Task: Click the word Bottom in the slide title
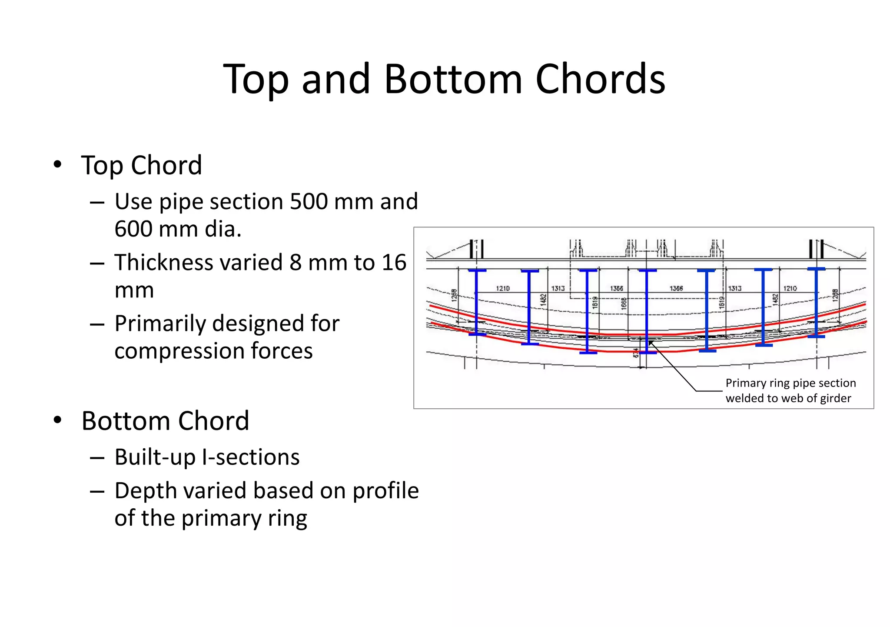pyautogui.click(x=453, y=79)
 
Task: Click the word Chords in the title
pyautogui.click(x=600, y=79)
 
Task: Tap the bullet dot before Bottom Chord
pyautogui.click(x=57, y=420)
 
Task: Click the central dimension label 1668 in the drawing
pyautogui.click(x=624, y=303)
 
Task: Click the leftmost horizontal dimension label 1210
pyautogui.click(x=503, y=288)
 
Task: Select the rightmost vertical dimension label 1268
pyautogui.click(x=835, y=295)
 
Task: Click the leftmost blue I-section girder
pyautogui.click(x=477, y=302)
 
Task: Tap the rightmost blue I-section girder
pyautogui.click(x=816, y=302)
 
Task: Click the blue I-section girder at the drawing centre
pyautogui.click(x=647, y=311)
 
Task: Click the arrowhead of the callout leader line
pyautogui.click(x=651, y=343)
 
